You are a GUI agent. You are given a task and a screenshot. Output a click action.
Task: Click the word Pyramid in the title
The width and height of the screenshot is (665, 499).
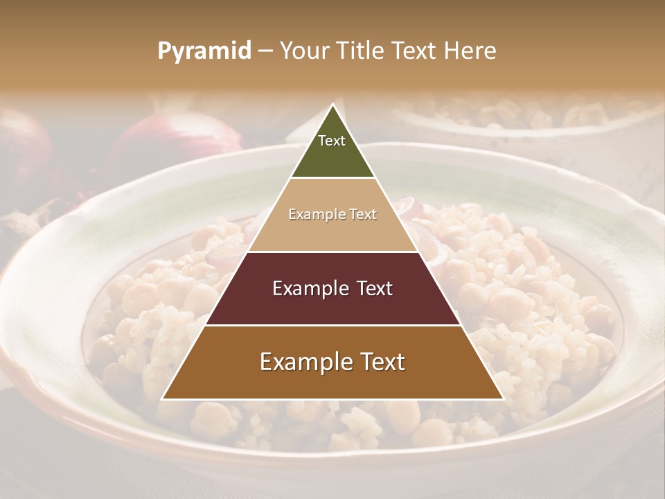click(204, 51)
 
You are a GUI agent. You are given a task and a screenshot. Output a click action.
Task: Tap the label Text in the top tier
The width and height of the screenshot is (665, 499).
click(332, 141)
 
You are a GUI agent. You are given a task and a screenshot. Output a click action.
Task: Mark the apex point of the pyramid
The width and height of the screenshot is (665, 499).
click(332, 105)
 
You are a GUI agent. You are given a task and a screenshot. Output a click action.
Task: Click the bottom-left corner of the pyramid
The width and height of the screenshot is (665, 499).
click(162, 399)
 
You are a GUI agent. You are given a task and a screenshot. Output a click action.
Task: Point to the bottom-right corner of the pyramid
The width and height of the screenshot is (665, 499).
click(503, 399)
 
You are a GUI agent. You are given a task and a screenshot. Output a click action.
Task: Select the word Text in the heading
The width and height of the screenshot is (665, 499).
click(416, 51)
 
